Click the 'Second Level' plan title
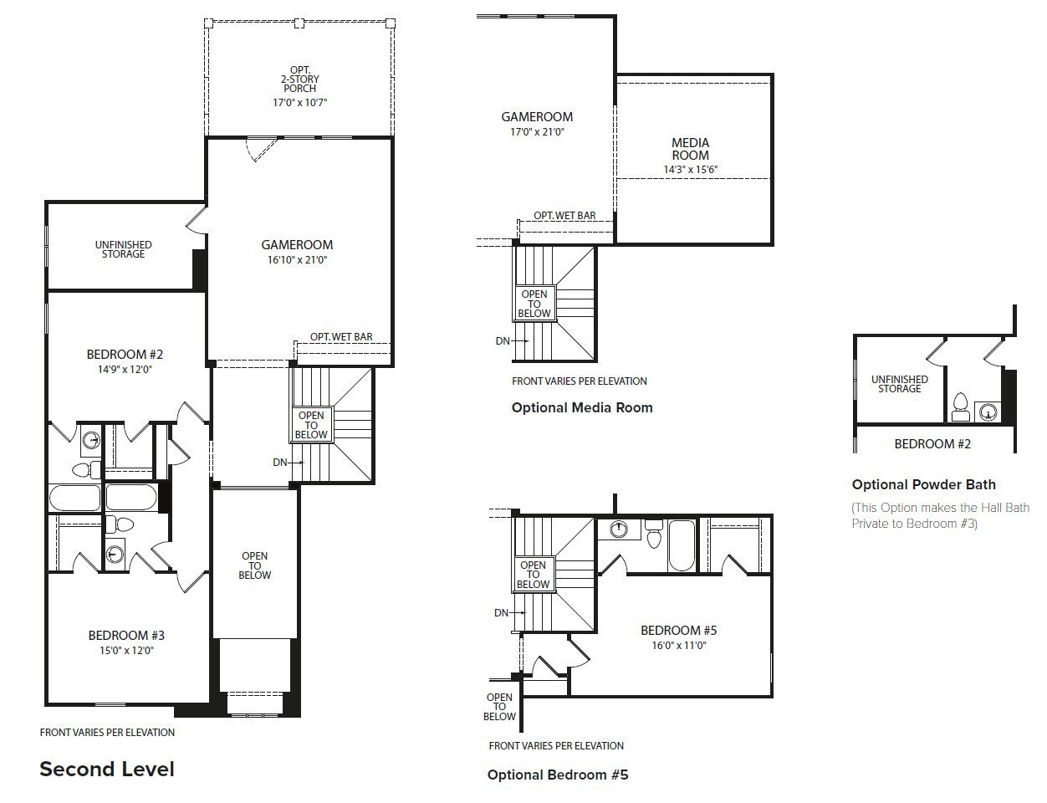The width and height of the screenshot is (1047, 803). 107,769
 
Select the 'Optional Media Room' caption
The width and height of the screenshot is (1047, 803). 582,407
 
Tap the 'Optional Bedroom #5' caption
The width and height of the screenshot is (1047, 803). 558,775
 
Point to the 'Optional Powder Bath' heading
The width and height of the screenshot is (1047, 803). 923,484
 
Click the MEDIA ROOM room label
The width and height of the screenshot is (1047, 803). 691,149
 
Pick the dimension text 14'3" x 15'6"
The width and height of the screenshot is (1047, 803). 691,170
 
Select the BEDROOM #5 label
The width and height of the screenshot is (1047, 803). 679,631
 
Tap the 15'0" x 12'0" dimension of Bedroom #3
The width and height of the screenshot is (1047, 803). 126,650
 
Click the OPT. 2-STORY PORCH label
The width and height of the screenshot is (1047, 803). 299,79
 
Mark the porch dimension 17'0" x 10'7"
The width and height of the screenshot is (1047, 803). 299,103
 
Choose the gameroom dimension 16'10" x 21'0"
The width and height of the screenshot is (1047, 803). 297,260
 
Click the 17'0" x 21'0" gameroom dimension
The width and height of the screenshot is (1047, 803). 537,132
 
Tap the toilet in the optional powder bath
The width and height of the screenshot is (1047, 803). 961,407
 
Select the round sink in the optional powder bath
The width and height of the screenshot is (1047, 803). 988,412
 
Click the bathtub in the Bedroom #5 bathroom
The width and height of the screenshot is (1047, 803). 682,545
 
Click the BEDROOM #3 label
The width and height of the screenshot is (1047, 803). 126,636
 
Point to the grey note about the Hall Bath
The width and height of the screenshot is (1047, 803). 940,515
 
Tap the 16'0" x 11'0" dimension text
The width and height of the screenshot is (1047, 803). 679,646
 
